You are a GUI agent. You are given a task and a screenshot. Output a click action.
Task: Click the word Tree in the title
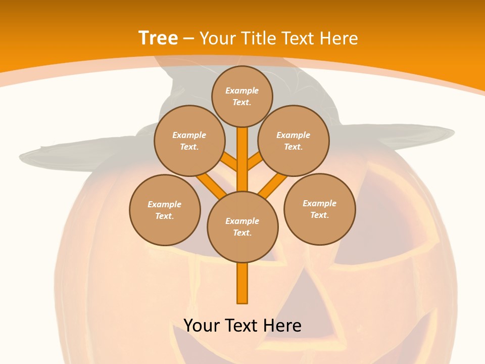tap(158, 38)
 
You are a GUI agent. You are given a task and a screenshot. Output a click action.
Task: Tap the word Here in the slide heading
tap(339, 38)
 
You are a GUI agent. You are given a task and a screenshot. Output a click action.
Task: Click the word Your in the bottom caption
tap(202, 326)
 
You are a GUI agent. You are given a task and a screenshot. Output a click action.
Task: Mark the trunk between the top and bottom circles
tap(243, 162)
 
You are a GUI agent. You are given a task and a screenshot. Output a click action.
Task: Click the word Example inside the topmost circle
tap(242, 91)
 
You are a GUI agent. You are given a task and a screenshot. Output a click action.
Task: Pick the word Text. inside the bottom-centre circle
tap(242, 233)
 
